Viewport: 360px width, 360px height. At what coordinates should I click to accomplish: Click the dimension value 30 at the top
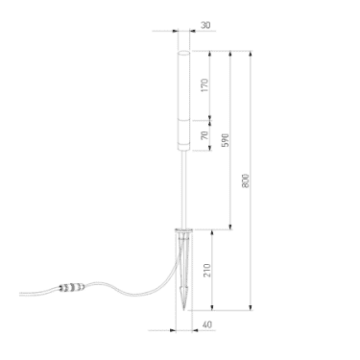205,25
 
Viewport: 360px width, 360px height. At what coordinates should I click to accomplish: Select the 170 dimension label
204,85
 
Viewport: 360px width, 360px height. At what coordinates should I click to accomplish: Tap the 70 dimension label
204,135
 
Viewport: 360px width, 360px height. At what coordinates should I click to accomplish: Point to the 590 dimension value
226,140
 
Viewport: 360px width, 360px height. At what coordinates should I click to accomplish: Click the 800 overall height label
245,180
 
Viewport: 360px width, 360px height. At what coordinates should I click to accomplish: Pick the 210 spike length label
207,270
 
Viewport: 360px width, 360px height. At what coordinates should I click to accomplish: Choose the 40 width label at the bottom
207,324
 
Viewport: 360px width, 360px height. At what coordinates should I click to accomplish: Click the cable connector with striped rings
72,287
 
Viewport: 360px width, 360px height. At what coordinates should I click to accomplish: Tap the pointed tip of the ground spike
183,310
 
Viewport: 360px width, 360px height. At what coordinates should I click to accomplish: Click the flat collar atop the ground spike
183,229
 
